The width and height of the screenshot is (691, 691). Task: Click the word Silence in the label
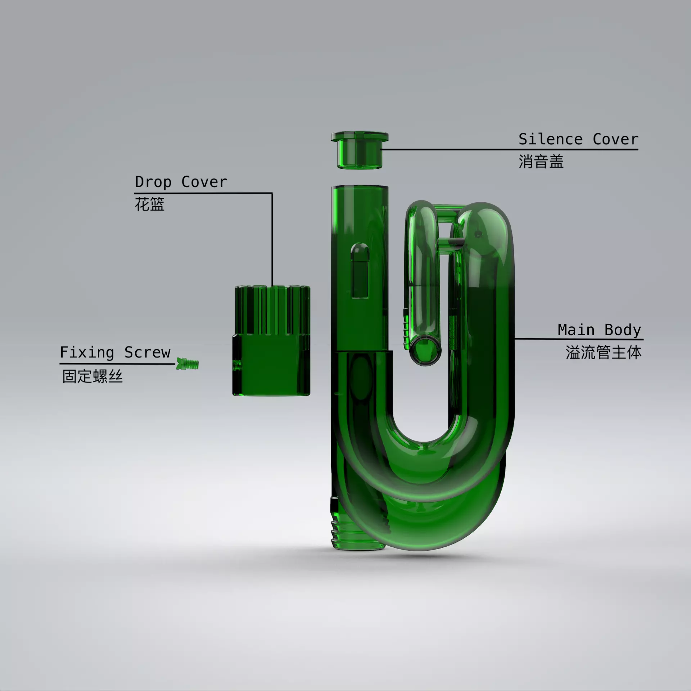550,139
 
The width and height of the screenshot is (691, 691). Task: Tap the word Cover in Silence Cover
615,139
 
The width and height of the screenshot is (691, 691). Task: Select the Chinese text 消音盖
541,162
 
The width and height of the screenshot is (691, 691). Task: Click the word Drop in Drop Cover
153,182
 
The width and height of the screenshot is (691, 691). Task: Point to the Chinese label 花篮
149,204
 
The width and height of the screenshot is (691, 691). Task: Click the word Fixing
87,352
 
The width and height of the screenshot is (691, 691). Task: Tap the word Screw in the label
147,352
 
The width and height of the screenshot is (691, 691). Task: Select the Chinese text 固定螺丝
92,376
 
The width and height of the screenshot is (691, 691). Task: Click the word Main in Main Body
576,330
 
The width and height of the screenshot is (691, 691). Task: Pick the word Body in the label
623,330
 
